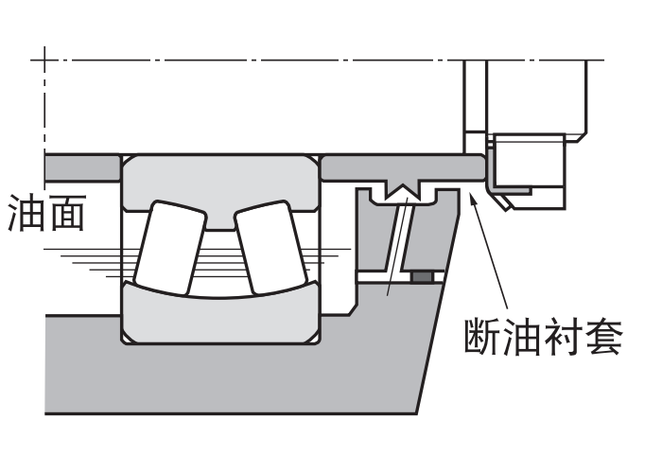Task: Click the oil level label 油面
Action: [45, 213]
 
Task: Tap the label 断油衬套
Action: [544, 336]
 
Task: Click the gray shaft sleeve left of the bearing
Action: [80, 165]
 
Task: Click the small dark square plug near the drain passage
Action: [423, 276]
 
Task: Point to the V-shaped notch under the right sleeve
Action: [405, 192]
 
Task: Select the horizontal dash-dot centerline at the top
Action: [284, 61]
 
